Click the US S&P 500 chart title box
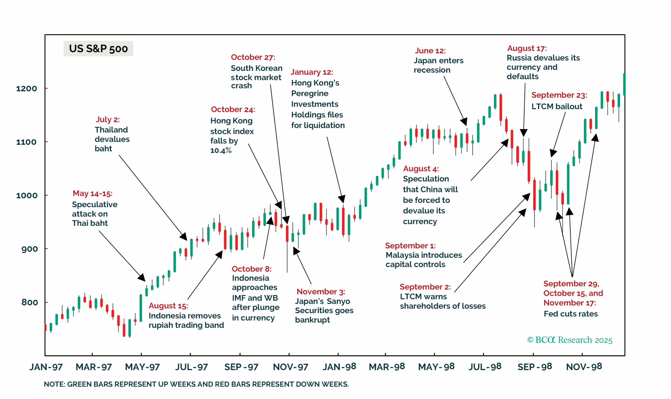pyautogui.click(x=98, y=49)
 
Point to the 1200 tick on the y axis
pyautogui.click(x=27, y=88)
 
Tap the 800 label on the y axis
pyautogui.click(x=29, y=302)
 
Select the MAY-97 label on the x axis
pyautogui.click(x=142, y=367)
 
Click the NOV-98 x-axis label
pyautogui.click(x=584, y=367)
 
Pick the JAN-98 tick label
pyautogui.click(x=339, y=367)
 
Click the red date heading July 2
pyautogui.click(x=108, y=119)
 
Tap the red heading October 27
pyautogui.click(x=253, y=57)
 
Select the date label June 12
pyautogui.click(x=430, y=51)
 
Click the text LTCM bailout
pyautogui.click(x=556, y=107)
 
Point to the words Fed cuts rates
pyautogui.click(x=570, y=314)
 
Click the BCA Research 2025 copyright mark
pyautogui.click(x=569, y=340)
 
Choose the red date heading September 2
pyautogui.click(x=425, y=287)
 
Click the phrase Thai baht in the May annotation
pyautogui.click(x=90, y=223)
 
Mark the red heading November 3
pyautogui.click(x=321, y=292)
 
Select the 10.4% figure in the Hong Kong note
pyautogui.click(x=221, y=151)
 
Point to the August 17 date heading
pyautogui.click(x=527, y=48)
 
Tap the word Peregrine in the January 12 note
pyautogui.click(x=310, y=93)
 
